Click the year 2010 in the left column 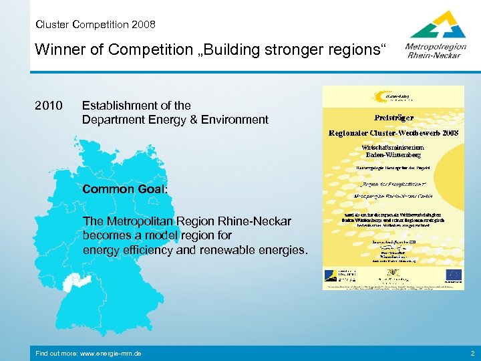48,106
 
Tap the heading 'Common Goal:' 125,189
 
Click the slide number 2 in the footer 472,353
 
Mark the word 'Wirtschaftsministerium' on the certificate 392,145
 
